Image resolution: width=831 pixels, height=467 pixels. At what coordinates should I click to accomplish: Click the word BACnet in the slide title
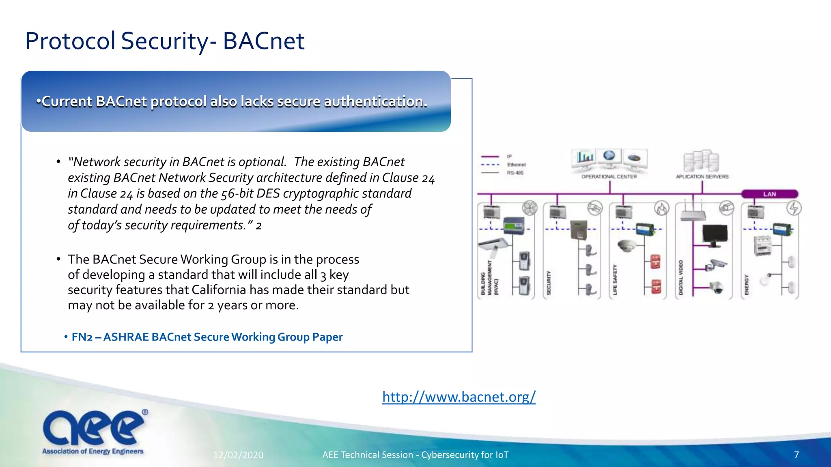pyautogui.click(x=263, y=41)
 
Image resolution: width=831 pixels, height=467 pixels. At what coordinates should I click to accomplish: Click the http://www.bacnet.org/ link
pyautogui.click(x=459, y=396)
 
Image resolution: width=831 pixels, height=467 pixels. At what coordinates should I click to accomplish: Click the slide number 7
pyautogui.click(x=796, y=455)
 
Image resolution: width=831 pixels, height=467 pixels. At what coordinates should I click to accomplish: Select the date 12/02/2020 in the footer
pyautogui.click(x=238, y=455)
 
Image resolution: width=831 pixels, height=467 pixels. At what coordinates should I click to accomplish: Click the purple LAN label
pyautogui.click(x=769, y=194)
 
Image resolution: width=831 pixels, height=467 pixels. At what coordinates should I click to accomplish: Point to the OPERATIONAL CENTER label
pyautogui.click(x=609, y=177)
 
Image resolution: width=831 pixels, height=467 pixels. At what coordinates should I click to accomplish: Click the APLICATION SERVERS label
pyautogui.click(x=702, y=177)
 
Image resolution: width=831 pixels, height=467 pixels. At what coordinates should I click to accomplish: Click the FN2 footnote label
pyautogui.click(x=82, y=337)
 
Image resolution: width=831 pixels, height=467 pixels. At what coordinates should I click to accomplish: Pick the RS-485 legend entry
pyautogui.click(x=515, y=173)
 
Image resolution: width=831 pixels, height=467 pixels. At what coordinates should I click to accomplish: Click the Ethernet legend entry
pyautogui.click(x=516, y=165)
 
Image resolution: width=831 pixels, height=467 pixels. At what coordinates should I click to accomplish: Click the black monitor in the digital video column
pyautogui.click(x=715, y=235)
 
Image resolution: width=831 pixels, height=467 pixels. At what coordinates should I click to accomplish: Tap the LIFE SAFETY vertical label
pyautogui.click(x=615, y=280)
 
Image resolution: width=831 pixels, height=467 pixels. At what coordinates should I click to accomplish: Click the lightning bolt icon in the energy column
pyautogui.click(x=794, y=208)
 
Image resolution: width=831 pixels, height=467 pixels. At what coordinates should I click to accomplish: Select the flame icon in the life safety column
pyautogui.click(x=661, y=208)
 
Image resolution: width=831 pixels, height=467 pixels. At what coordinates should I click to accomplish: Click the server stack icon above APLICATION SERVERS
pyautogui.click(x=701, y=161)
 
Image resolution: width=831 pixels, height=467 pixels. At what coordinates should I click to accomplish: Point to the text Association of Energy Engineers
pyautogui.click(x=93, y=451)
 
